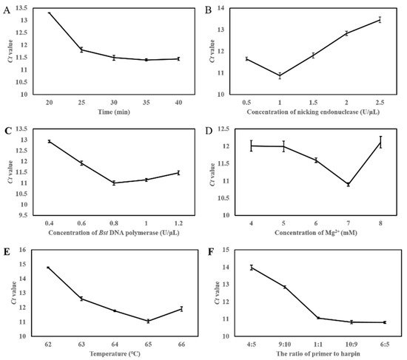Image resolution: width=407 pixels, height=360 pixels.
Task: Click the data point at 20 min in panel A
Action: point(50,13)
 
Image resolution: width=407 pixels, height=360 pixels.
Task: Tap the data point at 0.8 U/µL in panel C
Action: point(113,183)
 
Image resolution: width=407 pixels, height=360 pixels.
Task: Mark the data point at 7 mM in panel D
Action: point(348,184)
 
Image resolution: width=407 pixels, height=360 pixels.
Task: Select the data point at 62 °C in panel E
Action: point(49,268)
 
